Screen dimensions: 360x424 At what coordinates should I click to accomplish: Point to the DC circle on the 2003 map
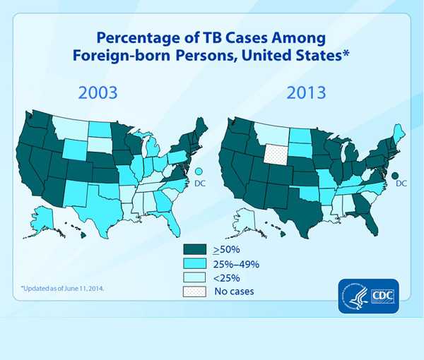(x=199, y=172)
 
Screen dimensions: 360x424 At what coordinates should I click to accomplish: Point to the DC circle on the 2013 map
(x=395, y=175)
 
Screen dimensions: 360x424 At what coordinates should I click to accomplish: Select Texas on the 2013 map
(x=290, y=205)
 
